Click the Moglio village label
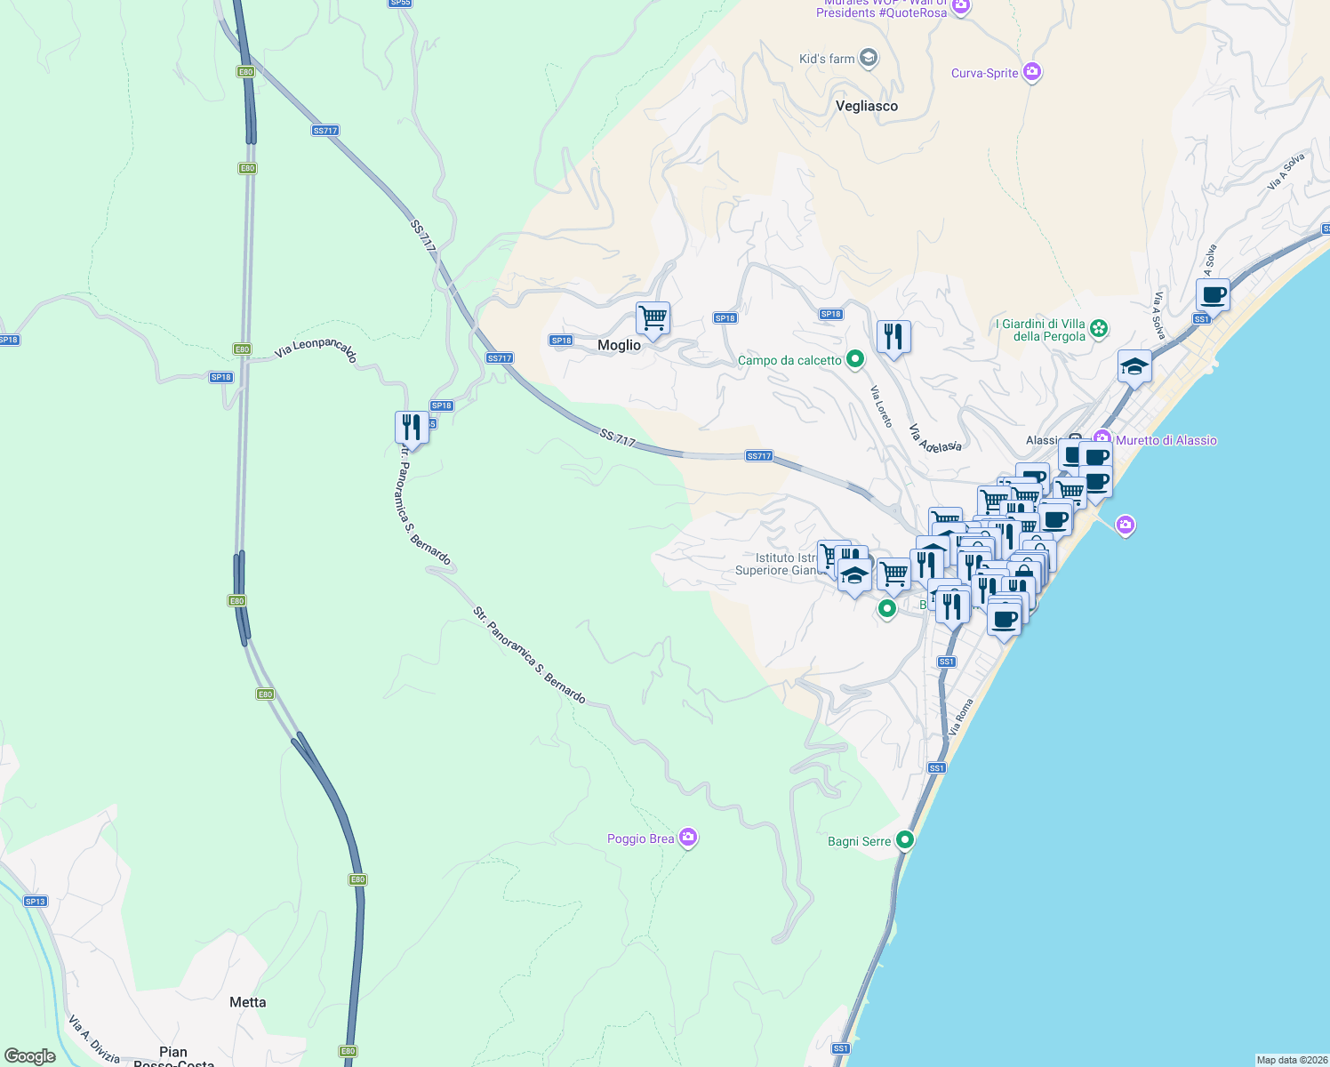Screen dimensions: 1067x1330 click(619, 345)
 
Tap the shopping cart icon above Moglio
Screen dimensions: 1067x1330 click(653, 317)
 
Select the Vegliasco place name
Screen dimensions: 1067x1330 click(867, 106)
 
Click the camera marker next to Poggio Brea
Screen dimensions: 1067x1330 click(687, 838)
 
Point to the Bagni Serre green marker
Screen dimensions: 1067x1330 click(905, 839)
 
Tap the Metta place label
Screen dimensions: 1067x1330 click(247, 1002)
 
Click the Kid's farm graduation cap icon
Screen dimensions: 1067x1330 click(869, 59)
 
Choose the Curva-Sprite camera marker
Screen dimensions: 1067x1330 click(1032, 72)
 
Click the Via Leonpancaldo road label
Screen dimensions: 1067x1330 click(316, 350)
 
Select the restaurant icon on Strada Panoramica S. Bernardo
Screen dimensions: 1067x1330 click(411, 427)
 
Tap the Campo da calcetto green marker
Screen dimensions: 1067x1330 click(855, 359)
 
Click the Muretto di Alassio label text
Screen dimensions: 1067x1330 click(1166, 440)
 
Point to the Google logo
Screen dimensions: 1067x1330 click(30, 1056)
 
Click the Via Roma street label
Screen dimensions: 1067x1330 click(961, 717)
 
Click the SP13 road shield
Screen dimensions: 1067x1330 click(35, 902)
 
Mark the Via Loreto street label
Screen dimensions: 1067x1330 click(881, 406)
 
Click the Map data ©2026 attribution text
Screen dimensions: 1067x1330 click(1291, 1060)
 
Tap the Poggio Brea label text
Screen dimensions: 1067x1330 click(640, 838)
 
